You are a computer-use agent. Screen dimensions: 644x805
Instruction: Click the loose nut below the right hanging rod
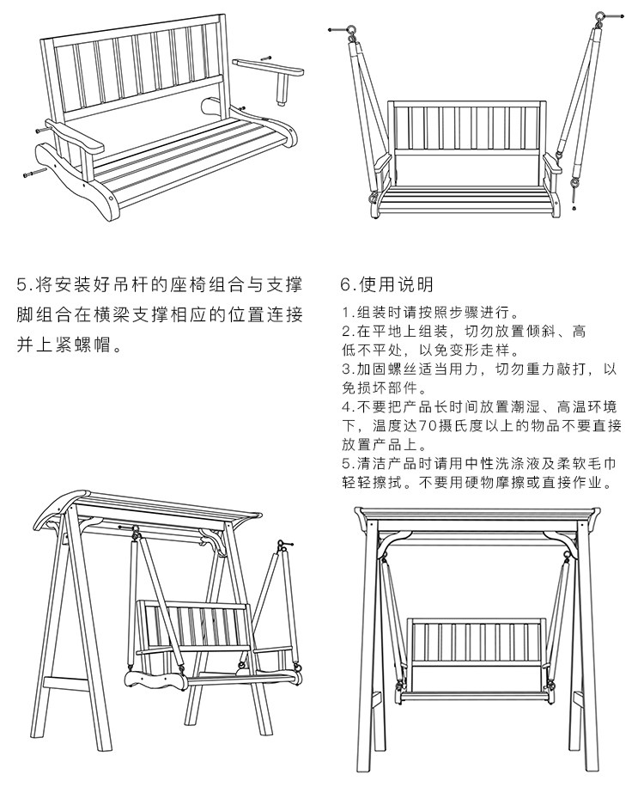(574, 209)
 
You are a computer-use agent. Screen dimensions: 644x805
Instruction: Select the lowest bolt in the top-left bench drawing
(35, 174)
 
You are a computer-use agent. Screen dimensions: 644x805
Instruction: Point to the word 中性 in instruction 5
(480, 464)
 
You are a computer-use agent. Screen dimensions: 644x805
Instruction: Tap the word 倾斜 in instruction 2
(541, 331)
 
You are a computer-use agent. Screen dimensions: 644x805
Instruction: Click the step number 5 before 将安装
(21, 284)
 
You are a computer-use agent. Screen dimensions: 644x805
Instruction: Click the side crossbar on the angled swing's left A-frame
(66, 684)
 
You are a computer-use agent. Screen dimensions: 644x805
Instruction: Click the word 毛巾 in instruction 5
(601, 464)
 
